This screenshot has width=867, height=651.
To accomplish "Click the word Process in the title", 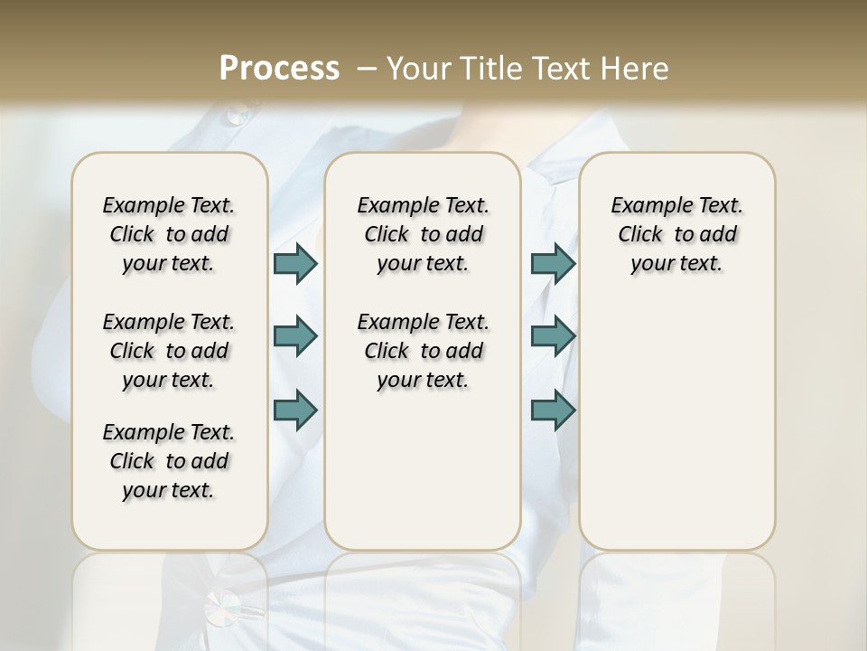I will pyautogui.click(x=279, y=68).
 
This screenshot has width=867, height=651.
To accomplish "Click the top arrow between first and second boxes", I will pyautogui.click(x=295, y=263).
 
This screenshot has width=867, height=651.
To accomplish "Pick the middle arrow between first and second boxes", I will pyautogui.click(x=295, y=336).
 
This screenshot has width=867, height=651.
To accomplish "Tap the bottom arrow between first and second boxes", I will pyautogui.click(x=295, y=410).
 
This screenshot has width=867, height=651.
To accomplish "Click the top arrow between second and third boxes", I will pyautogui.click(x=553, y=263).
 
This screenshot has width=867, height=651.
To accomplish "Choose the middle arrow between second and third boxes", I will pyautogui.click(x=553, y=336).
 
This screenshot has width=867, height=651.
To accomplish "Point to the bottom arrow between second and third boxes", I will pyautogui.click(x=553, y=410).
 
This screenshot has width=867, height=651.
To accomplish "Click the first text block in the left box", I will pyautogui.click(x=169, y=234).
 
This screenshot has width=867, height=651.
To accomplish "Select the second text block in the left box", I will pyautogui.click(x=169, y=351).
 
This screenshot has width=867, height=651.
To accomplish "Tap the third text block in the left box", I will pyautogui.click(x=169, y=461).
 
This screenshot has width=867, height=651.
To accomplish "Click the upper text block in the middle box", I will pyautogui.click(x=423, y=234).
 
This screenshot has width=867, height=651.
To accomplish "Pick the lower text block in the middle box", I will pyautogui.click(x=423, y=351).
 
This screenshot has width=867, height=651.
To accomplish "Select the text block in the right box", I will pyautogui.click(x=676, y=234).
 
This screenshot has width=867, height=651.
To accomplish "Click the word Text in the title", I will pyautogui.click(x=558, y=68).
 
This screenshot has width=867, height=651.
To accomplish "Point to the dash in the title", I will pyautogui.click(x=367, y=69).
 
